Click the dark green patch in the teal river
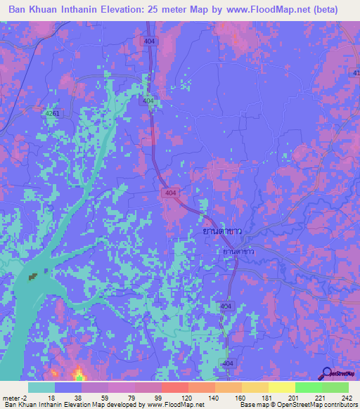[x=32, y=277]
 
